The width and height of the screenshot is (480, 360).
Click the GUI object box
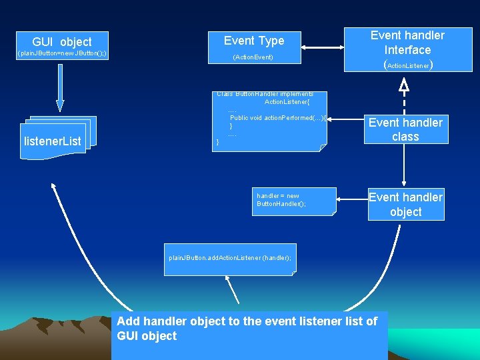62,41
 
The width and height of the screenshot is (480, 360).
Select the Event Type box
254,41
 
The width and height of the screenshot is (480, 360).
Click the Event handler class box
405,129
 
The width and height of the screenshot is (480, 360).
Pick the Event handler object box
405,204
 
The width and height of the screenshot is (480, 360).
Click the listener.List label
53,141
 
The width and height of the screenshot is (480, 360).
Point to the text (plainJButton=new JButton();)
62,53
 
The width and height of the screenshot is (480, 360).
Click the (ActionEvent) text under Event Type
253,58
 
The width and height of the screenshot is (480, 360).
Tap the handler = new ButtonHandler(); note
294,201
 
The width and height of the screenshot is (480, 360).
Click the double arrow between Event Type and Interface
322,47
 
